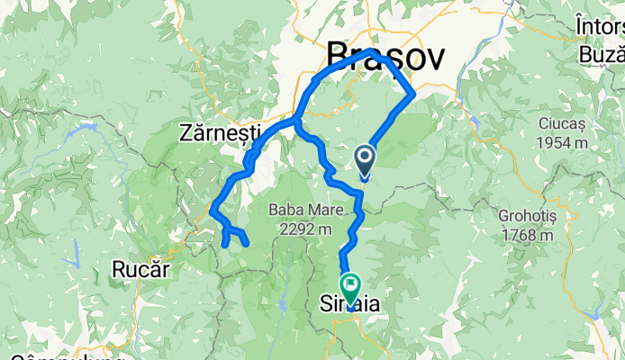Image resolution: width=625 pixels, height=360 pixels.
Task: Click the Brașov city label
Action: (385, 57)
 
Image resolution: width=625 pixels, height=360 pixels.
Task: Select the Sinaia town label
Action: (350, 305)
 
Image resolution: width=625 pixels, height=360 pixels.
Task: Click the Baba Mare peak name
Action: (302, 211)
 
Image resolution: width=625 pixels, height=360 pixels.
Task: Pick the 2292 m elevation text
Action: (302, 229)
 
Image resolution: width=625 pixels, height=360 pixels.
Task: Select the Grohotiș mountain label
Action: (530, 217)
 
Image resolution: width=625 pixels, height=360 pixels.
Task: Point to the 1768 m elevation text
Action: (530, 237)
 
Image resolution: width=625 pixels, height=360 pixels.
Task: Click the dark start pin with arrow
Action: (366, 160)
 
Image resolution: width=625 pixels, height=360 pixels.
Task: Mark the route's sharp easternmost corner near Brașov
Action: (413, 92)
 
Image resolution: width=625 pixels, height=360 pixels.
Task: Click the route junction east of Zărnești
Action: (296, 120)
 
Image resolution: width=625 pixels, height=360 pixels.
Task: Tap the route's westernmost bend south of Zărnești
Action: (211, 212)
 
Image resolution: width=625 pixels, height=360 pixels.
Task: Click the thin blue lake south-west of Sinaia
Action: (281, 304)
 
